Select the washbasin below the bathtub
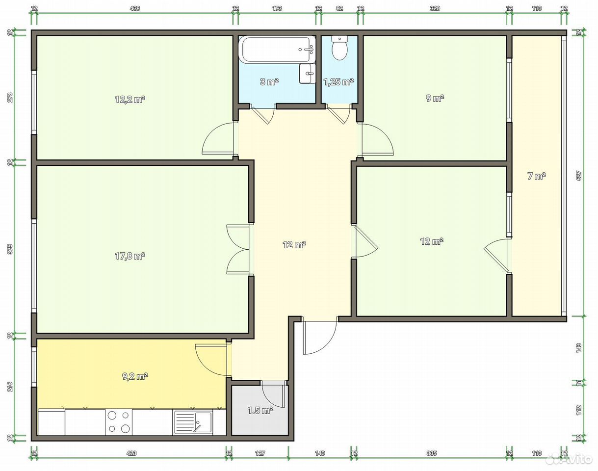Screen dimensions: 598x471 [x=307, y=74]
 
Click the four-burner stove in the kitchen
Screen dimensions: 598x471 [x=119, y=422]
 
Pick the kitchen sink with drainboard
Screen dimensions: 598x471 [x=193, y=422]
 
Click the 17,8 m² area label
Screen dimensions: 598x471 [x=130, y=256]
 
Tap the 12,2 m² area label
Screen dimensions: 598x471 [x=130, y=99]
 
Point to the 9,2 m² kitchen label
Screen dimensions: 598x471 [x=135, y=376]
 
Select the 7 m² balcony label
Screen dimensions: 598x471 [x=537, y=176]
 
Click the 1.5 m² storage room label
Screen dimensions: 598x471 [x=260, y=410]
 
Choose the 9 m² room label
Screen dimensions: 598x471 [x=435, y=98]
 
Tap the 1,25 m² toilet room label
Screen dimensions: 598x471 [x=338, y=82]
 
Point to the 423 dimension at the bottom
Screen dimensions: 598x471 [x=131, y=453]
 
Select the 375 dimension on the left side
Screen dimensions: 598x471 [x=10, y=249]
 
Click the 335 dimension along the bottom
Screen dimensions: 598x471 [x=431, y=453]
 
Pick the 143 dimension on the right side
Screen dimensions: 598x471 [x=579, y=348]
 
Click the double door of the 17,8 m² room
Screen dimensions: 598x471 [x=238, y=250]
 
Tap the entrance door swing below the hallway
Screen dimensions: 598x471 [x=319, y=338]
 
